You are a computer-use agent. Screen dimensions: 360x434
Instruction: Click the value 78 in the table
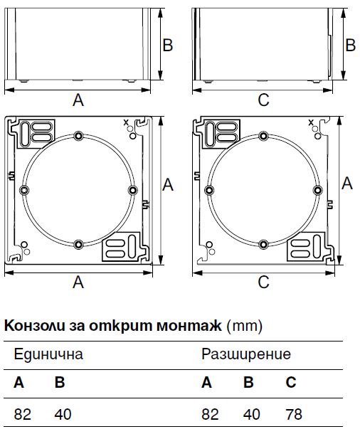[294, 414]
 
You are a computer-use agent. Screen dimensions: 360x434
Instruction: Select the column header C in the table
[291, 382]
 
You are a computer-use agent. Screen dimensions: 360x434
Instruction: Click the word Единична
[48, 354]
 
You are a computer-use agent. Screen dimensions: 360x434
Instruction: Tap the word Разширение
[246, 354]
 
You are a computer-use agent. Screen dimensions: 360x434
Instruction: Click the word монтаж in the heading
[189, 326]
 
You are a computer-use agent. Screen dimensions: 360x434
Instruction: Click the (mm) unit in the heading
[244, 326]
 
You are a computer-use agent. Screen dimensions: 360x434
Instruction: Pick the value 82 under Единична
[23, 414]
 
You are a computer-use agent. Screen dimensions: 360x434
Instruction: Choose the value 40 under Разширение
[252, 414]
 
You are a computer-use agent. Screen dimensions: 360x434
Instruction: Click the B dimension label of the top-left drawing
[168, 45]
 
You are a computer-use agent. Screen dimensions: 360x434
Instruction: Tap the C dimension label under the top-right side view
[263, 100]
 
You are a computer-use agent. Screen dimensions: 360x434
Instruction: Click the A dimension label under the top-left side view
[78, 100]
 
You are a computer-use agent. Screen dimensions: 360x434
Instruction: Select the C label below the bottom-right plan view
[263, 282]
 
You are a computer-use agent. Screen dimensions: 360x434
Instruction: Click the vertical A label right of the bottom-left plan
[168, 184]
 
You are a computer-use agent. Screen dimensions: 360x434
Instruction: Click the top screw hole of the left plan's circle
[78, 136]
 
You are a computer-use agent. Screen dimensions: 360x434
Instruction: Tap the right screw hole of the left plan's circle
[133, 190]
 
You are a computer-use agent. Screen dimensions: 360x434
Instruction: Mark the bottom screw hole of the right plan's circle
[263, 245]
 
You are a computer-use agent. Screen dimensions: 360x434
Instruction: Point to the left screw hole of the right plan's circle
[209, 190]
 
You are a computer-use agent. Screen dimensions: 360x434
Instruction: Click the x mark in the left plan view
[126, 122]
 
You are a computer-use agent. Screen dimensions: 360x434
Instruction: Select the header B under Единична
[60, 382]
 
